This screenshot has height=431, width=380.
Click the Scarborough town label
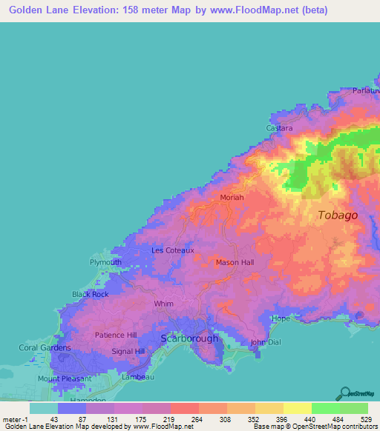pos(190,338)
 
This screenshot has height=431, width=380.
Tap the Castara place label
pos(280,128)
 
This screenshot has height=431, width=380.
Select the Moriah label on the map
pos(232,198)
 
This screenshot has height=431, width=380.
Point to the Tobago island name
pos(338,215)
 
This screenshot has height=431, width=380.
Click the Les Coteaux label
pos(173,250)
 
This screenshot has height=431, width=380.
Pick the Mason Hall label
pos(235,262)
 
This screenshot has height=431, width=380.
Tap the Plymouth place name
pos(105,262)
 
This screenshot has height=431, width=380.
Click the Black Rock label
pos(90,294)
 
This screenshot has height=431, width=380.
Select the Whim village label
pos(163,304)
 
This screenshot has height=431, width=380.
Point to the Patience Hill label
pos(116,335)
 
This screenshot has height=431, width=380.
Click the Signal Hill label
pos(128,351)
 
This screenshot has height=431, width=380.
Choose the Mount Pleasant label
pos(65,378)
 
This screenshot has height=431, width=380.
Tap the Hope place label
pos(281,318)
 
